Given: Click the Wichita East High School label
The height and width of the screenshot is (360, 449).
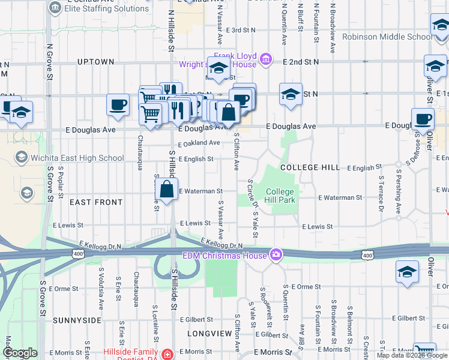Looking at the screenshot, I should click(x=77, y=158).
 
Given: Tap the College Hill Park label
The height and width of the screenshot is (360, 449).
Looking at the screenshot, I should click(x=281, y=196).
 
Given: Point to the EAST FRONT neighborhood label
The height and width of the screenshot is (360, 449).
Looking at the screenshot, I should click(x=96, y=202).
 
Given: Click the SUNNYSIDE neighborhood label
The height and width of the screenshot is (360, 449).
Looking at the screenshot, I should click(x=77, y=320).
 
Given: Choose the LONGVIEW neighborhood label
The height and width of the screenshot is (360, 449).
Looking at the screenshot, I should click(x=209, y=332).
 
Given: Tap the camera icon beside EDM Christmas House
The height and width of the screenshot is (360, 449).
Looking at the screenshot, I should click(x=276, y=255).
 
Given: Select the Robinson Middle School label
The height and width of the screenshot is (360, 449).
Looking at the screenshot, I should click(x=387, y=37).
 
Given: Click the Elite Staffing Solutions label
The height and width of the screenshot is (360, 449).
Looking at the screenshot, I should click(x=106, y=8).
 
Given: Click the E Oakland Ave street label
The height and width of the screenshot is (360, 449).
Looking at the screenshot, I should click(x=199, y=143).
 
